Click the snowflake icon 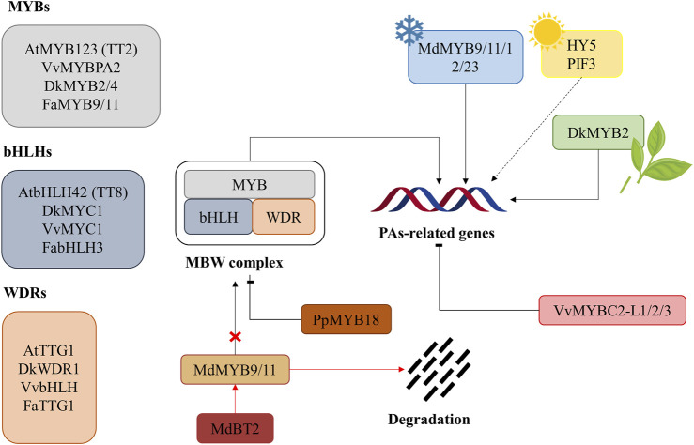pos(409,31)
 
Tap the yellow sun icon pos(547,32)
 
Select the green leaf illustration pos(655,157)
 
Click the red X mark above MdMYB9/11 pos(235,337)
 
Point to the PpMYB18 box pos(347,319)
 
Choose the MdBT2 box pos(235,428)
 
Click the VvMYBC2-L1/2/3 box pos(612,310)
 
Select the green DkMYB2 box pos(598,132)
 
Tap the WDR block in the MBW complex pos(284,217)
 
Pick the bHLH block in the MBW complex pos(218,217)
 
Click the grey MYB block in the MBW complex pos(249,184)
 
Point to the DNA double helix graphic pos(439,199)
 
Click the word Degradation pos(429,419)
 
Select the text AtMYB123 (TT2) pos(81,49)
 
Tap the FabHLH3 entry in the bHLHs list pos(72,247)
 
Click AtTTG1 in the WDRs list pos(49,350)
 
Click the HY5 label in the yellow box pos(581,45)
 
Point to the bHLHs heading pos(27,151)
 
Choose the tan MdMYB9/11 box pos(235,369)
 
